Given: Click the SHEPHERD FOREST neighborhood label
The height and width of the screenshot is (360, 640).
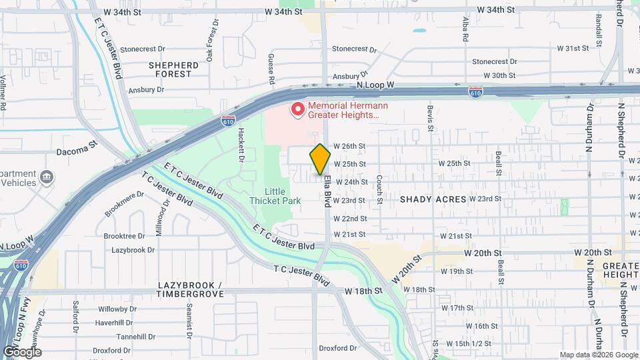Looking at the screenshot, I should [x=173, y=69].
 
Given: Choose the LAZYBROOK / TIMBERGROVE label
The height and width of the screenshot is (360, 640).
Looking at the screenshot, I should [x=189, y=290].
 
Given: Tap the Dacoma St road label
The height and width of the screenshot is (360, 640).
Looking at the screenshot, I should [x=77, y=152].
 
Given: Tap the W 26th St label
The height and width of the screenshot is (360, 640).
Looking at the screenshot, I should [x=349, y=146].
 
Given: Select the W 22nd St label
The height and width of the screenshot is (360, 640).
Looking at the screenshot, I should [x=351, y=219].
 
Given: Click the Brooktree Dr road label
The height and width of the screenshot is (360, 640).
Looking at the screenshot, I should [x=125, y=236].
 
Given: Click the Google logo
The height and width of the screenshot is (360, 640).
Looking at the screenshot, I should [x=22, y=351].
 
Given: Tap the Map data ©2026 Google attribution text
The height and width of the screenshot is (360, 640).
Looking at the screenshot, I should [x=598, y=355].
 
